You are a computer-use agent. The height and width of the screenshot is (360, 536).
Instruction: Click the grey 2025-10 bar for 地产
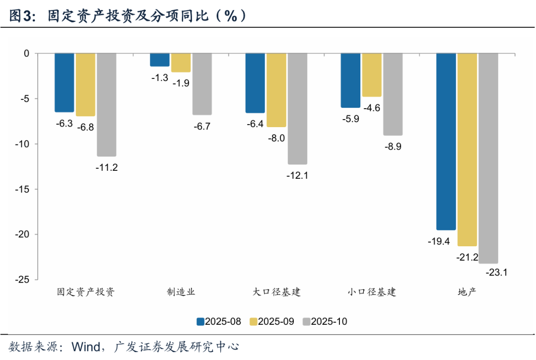(488, 158)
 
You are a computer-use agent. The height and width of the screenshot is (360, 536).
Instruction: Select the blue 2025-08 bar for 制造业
(160, 60)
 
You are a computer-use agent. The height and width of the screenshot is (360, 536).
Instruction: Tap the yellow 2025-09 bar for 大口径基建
(276, 90)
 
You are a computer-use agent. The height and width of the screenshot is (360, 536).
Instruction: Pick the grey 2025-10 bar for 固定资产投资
(106, 104)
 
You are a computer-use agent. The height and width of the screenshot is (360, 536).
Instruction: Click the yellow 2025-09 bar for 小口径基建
(372, 74)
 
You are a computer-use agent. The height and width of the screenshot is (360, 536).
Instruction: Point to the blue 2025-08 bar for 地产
(446, 142)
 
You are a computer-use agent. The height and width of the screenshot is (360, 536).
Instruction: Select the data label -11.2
(106, 167)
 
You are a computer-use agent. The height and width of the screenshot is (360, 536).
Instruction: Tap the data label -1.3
(159, 78)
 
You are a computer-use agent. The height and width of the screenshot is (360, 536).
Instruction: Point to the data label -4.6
(372, 108)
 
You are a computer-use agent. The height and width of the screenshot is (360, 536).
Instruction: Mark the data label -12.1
(297, 175)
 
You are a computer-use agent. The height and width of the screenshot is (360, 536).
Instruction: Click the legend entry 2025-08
(219, 321)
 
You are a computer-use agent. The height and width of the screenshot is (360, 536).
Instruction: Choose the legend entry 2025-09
(272, 321)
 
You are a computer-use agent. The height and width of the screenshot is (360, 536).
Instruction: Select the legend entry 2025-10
(325, 321)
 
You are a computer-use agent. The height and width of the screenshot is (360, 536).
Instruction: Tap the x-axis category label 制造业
(181, 292)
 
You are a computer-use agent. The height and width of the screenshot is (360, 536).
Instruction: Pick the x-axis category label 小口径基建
(372, 292)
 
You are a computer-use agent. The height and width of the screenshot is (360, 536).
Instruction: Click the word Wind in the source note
(85, 346)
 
